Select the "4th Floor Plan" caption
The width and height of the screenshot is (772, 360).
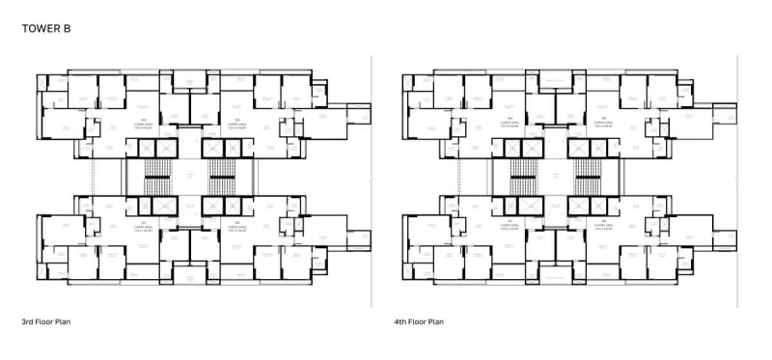[420, 321]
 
